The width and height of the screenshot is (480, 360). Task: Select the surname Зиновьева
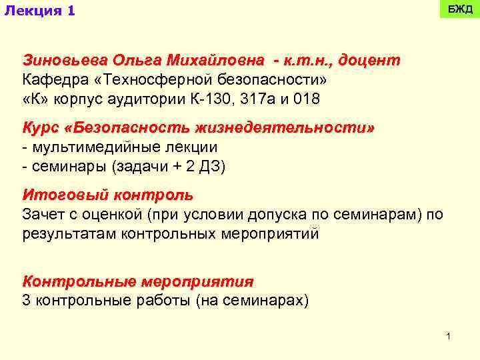coord(57,61)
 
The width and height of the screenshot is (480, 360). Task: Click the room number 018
coord(307,99)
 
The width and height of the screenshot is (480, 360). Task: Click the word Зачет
coord(43,215)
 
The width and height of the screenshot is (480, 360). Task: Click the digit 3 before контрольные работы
coord(27,301)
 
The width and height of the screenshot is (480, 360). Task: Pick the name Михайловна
coord(211,61)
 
